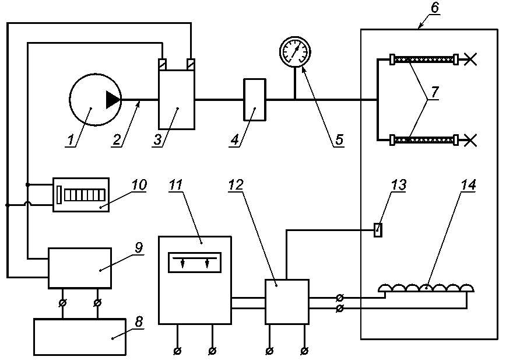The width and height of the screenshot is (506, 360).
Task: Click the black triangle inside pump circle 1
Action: [113, 100]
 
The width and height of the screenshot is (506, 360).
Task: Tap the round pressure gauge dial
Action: [294, 52]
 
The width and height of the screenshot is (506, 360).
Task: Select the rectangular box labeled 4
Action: [255, 100]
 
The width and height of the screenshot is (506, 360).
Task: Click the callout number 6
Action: [435, 7]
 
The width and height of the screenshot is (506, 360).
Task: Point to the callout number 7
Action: [435, 92]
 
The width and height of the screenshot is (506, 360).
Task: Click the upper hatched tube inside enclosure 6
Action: [424, 60]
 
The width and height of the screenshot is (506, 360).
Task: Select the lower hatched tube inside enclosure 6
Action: [424, 140]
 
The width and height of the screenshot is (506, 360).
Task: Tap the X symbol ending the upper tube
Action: [470, 60]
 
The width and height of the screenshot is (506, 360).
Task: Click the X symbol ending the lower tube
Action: [470, 140]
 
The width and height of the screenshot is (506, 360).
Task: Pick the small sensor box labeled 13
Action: [378, 230]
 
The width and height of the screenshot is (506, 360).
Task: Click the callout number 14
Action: [468, 185]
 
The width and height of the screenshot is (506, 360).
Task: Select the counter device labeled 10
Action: [81, 195]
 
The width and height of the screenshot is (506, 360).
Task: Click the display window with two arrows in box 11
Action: [195, 262]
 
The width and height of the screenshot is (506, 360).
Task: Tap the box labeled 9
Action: [80, 268]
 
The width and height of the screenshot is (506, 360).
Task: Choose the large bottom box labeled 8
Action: [80, 337]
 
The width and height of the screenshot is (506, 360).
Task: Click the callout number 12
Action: [236, 185]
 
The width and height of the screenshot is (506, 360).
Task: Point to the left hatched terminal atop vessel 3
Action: [162, 64]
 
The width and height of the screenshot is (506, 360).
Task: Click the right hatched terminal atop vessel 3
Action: [191, 64]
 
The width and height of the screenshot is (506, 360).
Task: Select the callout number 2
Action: [117, 140]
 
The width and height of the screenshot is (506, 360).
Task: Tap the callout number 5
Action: [339, 140]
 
